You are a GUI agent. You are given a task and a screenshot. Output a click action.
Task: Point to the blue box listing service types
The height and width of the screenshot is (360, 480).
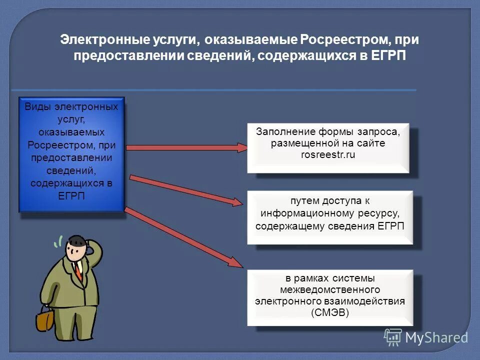pyautogui.click(x=71, y=154)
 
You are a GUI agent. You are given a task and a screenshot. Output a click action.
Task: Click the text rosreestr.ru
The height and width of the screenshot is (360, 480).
pyautogui.click(x=327, y=155)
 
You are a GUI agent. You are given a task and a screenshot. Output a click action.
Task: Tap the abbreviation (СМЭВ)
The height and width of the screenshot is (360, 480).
pyautogui.click(x=330, y=313)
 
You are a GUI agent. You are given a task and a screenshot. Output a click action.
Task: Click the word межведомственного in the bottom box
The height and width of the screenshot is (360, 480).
pyautogui.click(x=330, y=290)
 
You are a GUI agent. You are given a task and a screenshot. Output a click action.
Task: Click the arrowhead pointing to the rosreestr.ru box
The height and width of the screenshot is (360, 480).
pyautogui.click(x=241, y=147)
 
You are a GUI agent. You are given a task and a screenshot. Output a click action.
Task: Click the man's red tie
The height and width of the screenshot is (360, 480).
pyautogui.click(x=78, y=270)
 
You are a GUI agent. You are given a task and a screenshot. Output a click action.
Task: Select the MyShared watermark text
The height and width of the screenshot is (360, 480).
pyautogui.click(x=436, y=337)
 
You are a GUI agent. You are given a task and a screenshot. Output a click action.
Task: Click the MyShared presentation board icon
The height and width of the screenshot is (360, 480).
pyautogui.click(x=393, y=336)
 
